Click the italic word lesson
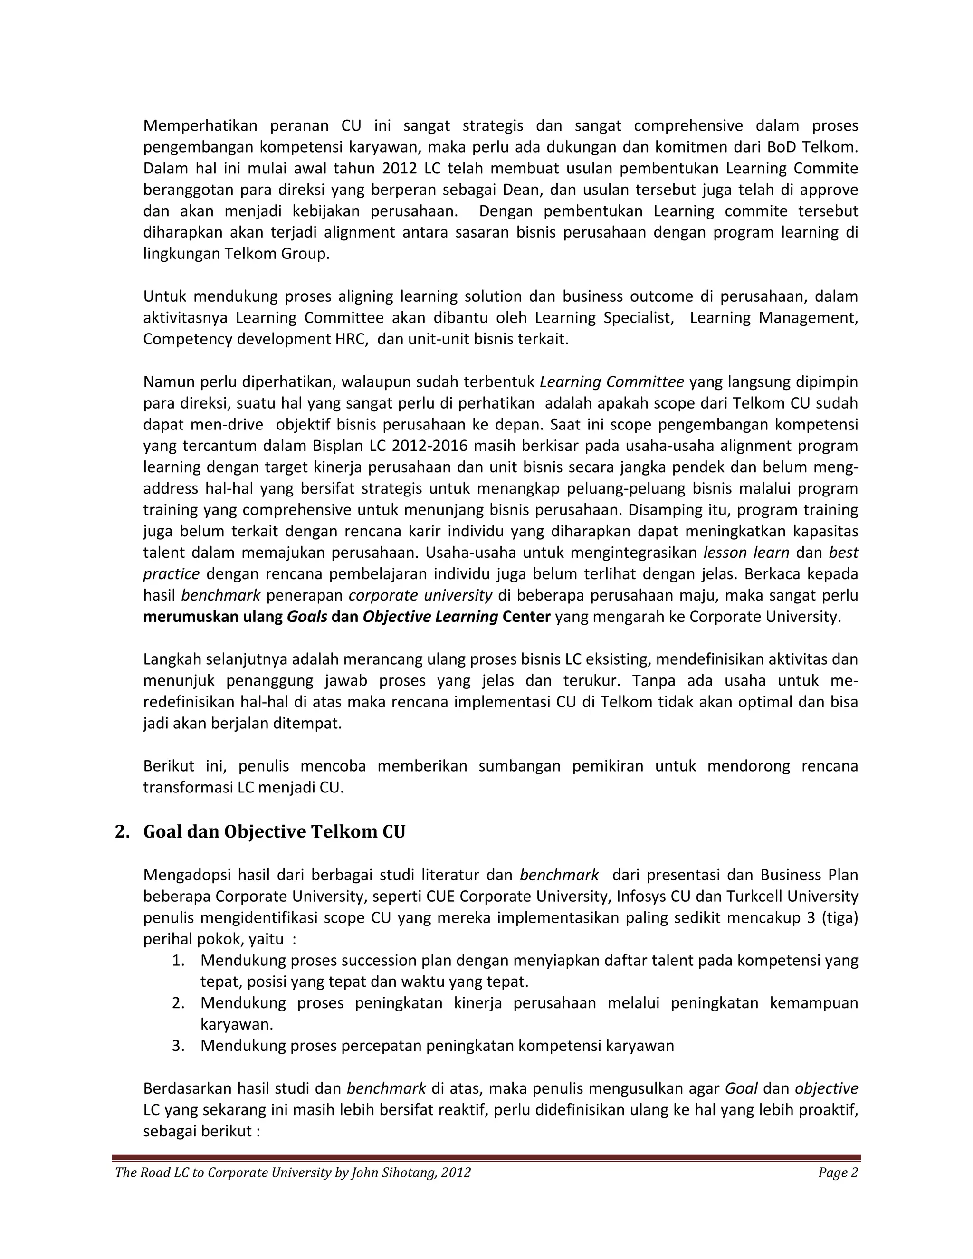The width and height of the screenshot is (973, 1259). point(725,552)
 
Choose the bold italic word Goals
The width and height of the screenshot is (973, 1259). point(307,616)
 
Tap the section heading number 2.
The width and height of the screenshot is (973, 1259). point(122,831)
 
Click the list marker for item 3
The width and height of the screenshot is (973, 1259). point(178,1045)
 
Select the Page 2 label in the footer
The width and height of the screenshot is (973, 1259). point(838,1172)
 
